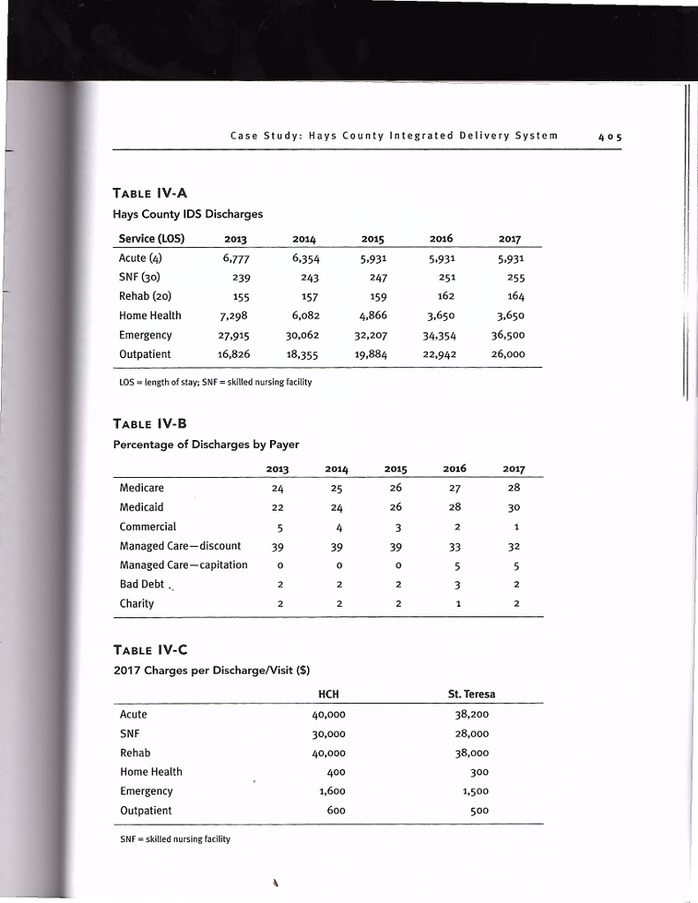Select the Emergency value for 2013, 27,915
[x=231, y=335]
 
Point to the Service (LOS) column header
[x=152, y=237]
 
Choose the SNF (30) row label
[x=141, y=276]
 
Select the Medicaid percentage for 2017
[x=514, y=508]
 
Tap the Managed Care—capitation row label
[x=184, y=564]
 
